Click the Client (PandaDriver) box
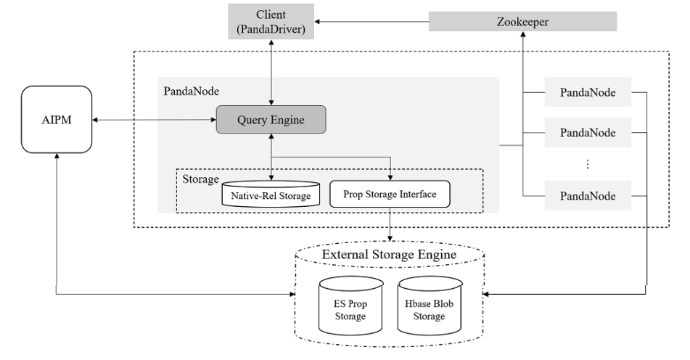coord(271,22)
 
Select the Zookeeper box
coord(523,22)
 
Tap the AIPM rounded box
coord(57,119)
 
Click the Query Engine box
coord(271,120)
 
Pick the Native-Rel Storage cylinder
coord(271,194)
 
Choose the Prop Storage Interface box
coord(390,194)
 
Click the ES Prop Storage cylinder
coord(350,306)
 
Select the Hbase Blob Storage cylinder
coord(430,306)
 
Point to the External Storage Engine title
coord(389,254)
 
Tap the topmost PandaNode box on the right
coord(588,92)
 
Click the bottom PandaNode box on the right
coord(588,195)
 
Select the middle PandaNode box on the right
coord(588,133)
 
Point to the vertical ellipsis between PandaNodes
coord(588,164)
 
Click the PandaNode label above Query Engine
coord(192,91)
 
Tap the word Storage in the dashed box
coord(201,179)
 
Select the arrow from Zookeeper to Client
coord(371,22)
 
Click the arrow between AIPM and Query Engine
coord(154,120)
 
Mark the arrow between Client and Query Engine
coord(271,73)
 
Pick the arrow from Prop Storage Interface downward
coord(390,224)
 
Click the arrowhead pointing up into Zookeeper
coord(523,34)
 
